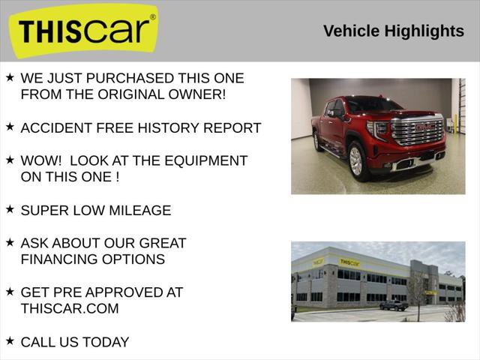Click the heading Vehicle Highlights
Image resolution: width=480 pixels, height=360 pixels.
tap(393, 31)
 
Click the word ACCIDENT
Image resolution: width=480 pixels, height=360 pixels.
tap(55, 127)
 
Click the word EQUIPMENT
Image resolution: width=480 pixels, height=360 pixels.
tap(204, 160)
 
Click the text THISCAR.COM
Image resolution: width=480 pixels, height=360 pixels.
tap(70, 308)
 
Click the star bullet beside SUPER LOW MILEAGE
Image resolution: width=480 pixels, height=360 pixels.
tap(10, 209)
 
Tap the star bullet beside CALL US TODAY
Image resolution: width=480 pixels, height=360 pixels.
tap(10, 340)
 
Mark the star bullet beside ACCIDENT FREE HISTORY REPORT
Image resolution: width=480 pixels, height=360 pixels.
tap(10, 127)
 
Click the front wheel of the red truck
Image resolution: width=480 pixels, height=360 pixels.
tap(357, 160)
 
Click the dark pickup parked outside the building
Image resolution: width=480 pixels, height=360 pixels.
tap(394, 305)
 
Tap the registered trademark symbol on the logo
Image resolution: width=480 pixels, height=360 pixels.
tap(153, 16)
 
